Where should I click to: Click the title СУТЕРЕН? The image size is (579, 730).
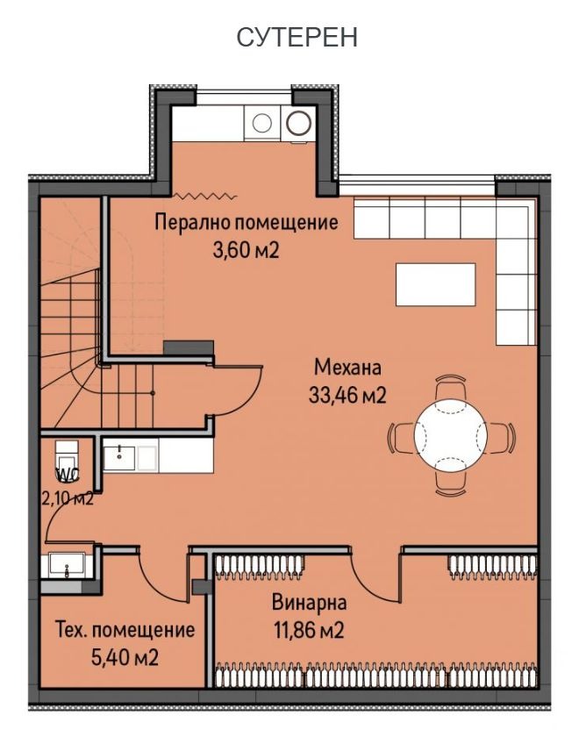click(297, 38)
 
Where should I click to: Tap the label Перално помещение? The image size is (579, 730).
click(246, 223)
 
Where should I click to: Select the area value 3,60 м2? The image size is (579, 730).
click(246, 250)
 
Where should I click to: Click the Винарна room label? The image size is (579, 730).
click(309, 603)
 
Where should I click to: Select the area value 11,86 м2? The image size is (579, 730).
click(307, 630)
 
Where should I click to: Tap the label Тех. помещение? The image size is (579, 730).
click(125, 630)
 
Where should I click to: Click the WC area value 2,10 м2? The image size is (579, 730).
click(68, 500)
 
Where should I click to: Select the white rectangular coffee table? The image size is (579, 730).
click(435, 284)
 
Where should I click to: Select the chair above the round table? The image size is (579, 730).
click(451, 387)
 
